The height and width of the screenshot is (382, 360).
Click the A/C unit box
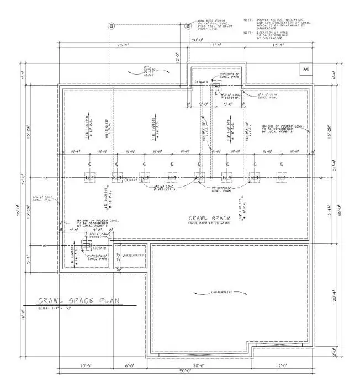tap(306, 69)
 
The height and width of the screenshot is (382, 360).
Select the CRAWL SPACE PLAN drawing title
tap(80, 301)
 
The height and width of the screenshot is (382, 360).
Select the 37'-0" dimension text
tap(33, 176)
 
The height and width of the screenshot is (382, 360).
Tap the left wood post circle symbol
tap(111, 25)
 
